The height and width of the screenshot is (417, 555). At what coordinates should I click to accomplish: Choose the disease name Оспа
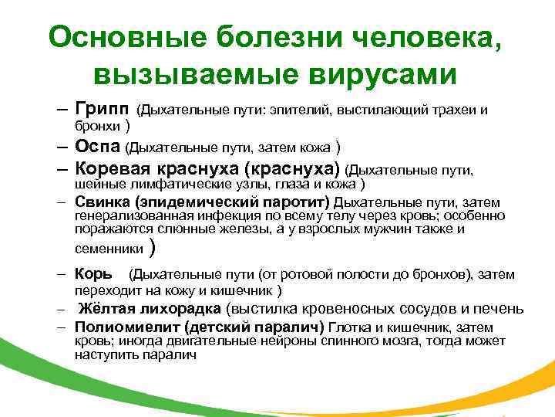click(99, 147)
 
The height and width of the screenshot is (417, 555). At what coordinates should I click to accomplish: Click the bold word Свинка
click(97, 202)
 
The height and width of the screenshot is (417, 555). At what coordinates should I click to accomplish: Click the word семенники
click(109, 249)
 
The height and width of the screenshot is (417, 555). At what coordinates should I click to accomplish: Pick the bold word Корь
click(93, 274)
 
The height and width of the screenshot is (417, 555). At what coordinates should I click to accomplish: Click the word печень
click(502, 310)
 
